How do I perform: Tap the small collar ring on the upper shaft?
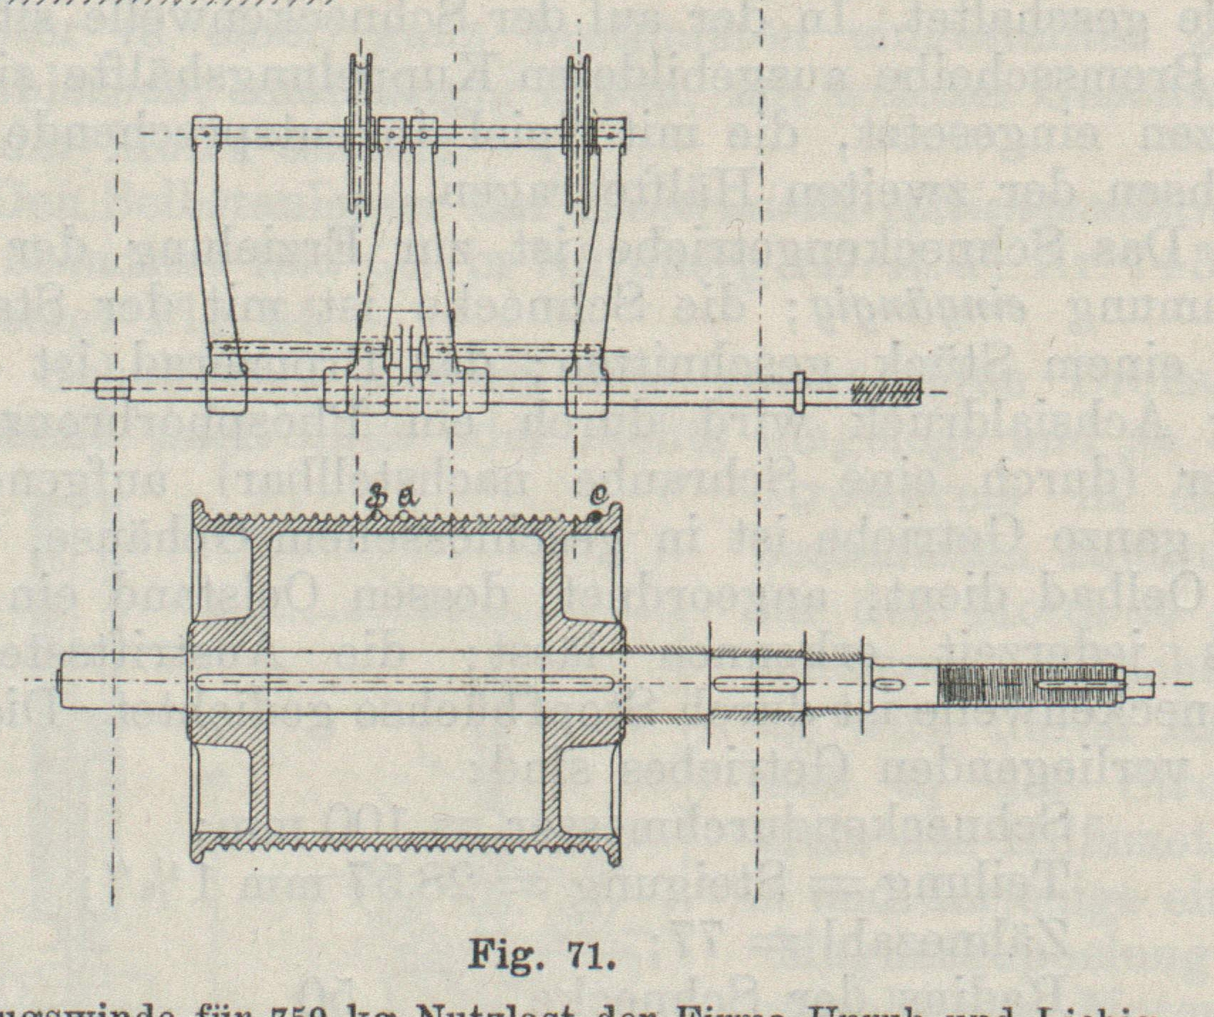[798, 391]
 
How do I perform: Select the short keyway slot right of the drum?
[756, 684]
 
